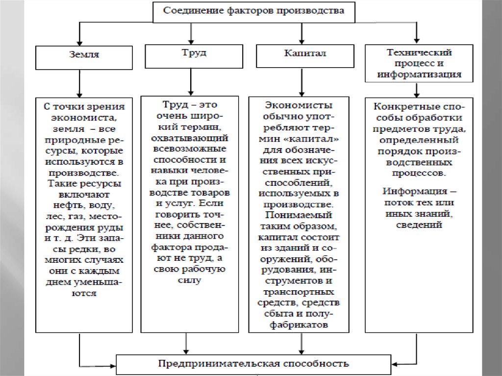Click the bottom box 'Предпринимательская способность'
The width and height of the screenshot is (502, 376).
(x=253, y=364)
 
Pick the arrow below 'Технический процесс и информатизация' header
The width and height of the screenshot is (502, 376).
(x=416, y=90)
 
